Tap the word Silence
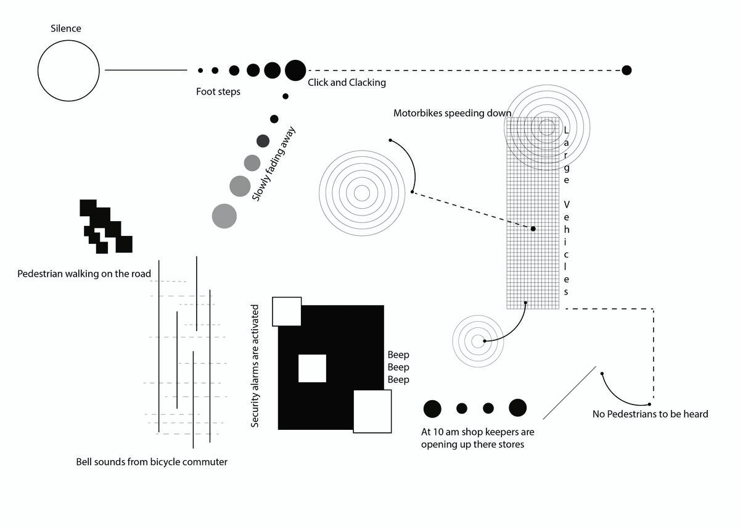pos(66,28)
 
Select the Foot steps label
pos(218,91)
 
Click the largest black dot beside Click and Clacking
pos(295,70)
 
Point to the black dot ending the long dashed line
pos(627,70)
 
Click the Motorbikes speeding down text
pos(452,113)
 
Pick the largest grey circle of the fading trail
pos(224,216)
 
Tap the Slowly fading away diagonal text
pos(273,164)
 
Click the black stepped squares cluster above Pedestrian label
pos(106,226)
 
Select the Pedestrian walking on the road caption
pos(84,274)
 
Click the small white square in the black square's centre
pos(312,368)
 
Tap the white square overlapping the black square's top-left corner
pos(287,311)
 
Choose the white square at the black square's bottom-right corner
pos(372,411)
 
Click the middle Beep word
pos(398,367)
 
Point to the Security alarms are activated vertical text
pos(255,366)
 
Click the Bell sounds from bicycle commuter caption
pos(152,462)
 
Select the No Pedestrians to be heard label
pos(650,414)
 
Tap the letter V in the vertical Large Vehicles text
pos(566,204)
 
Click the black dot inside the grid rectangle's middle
pos(533,228)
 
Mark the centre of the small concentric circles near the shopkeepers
pos(478,341)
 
